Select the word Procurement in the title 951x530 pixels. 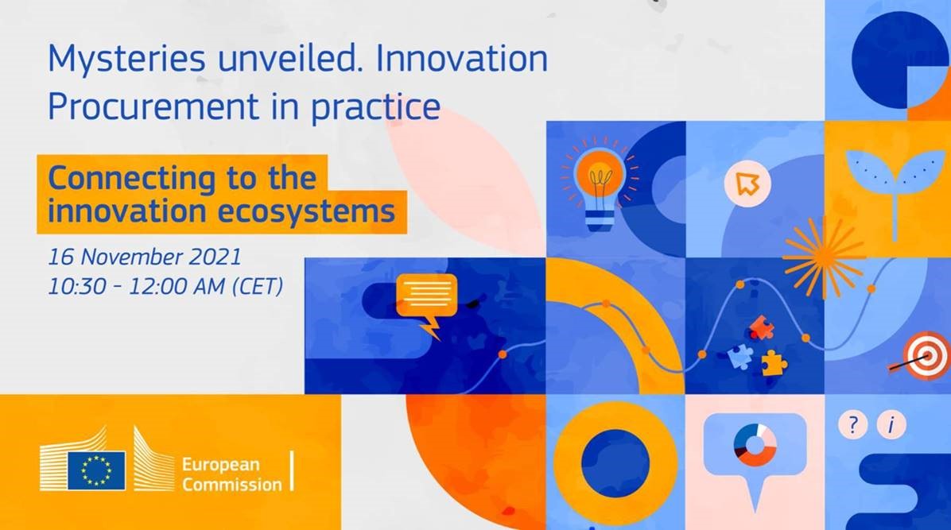[153, 106]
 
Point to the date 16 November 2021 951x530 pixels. [145, 257]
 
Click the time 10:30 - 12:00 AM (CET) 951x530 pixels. [165, 285]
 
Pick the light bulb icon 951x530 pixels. [600, 184]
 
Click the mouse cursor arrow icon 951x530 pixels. [747, 183]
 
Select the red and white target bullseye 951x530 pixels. [926, 355]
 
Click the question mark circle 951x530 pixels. [853, 424]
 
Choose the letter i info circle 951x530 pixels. [891, 424]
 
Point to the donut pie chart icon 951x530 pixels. [755, 445]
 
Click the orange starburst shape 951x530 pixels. [823, 257]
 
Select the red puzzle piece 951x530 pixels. [760, 328]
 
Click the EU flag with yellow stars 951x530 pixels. [97, 470]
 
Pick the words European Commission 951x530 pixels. [231, 474]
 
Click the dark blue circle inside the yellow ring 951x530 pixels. [615, 463]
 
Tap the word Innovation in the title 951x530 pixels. [461, 59]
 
